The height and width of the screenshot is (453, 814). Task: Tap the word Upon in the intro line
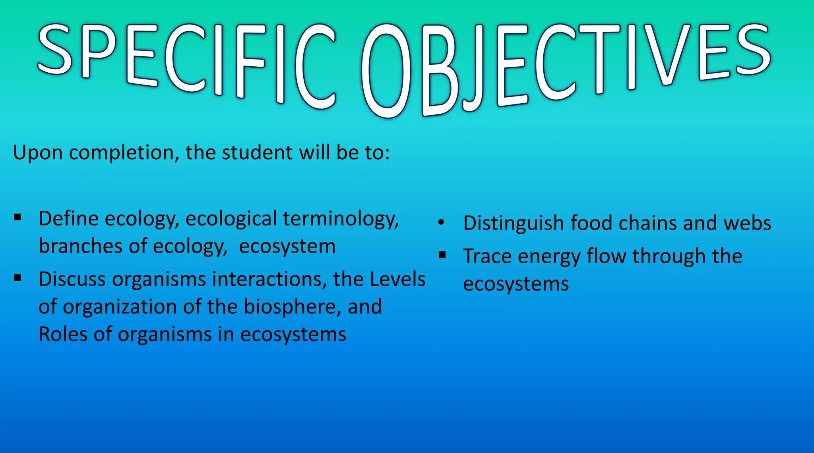(38, 153)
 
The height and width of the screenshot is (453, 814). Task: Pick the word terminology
(341, 220)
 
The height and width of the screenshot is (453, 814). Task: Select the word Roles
(63, 334)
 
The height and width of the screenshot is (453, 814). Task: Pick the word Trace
(487, 256)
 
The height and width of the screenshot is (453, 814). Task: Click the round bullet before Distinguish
(441, 223)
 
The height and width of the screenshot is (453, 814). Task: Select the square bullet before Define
(17, 217)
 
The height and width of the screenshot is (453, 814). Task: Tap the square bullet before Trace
(442, 254)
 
